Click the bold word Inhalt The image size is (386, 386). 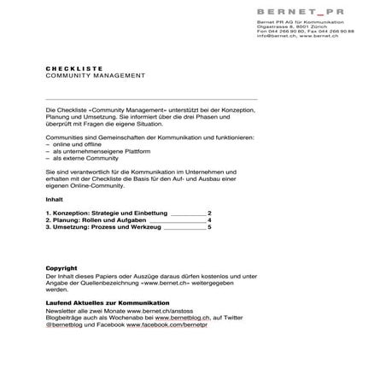click(54, 199)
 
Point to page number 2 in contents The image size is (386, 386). click(209, 213)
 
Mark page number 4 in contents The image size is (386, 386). click(209, 220)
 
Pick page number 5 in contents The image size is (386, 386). click(209, 228)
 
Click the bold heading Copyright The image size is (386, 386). click(61, 269)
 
